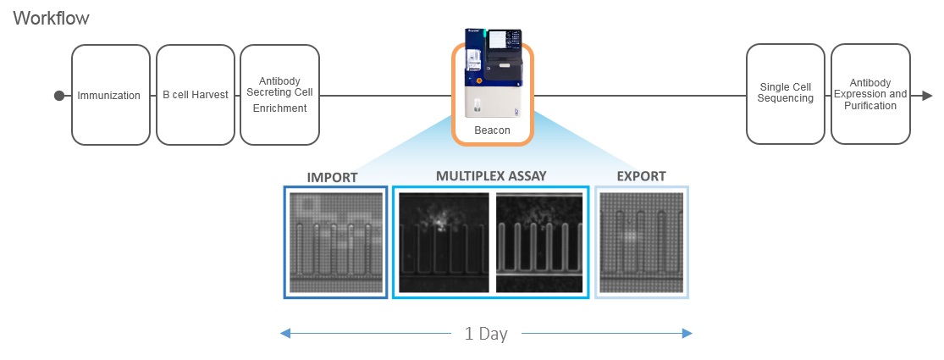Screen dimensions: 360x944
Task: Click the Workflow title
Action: point(51,18)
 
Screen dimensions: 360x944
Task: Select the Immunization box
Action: point(108,95)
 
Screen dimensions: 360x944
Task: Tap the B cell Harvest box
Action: point(196,95)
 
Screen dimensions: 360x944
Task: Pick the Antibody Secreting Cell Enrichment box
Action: point(280,95)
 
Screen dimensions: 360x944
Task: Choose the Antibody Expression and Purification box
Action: point(869,95)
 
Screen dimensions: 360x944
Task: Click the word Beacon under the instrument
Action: point(492,130)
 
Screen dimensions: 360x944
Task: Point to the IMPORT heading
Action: point(333,177)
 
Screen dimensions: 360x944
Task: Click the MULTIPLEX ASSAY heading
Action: point(491,176)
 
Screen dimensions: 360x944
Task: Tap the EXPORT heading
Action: point(641,177)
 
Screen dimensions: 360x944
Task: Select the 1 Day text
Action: point(486,334)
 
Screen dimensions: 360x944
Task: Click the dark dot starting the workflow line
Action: point(58,96)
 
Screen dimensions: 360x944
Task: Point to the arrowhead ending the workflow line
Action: point(928,96)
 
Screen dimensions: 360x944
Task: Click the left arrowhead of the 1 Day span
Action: point(285,334)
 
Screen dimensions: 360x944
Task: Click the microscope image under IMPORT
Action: point(335,241)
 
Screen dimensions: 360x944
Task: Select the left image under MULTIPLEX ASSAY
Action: point(444,242)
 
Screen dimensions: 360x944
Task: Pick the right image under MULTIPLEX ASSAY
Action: point(539,242)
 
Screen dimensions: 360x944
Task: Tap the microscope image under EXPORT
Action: point(642,241)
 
